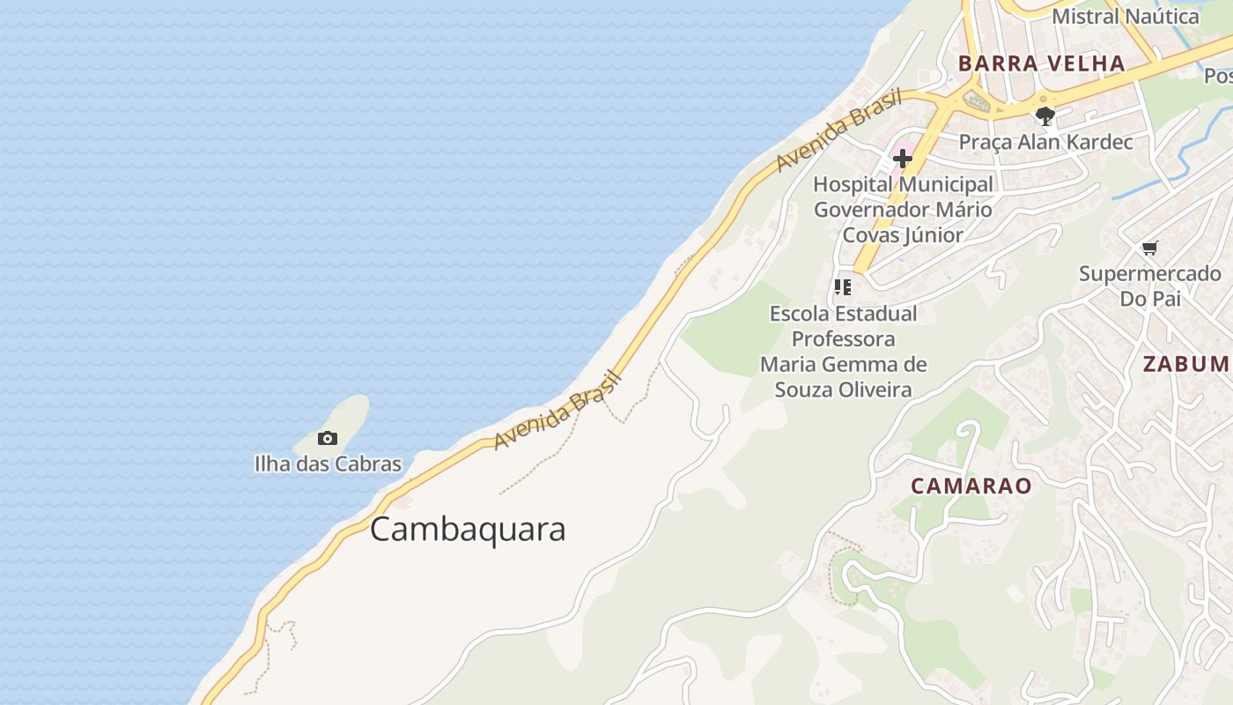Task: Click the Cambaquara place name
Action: [x=468, y=530]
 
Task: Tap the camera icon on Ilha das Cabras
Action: [x=328, y=438]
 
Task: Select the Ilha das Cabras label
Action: [x=328, y=464]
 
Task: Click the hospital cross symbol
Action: [x=903, y=159]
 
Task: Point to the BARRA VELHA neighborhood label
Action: [x=1041, y=63]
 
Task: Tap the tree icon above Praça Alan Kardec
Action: [x=1045, y=115]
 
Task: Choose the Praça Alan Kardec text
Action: [x=1045, y=142]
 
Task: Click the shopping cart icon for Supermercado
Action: [x=1149, y=248]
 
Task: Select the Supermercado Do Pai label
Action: [x=1150, y=286]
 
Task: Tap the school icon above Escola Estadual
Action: [x=843, y=287]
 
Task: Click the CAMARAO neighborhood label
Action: [x=971, y=486]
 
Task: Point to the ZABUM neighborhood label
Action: [x=1185, y=364]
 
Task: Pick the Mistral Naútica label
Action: [x=1126, y=16]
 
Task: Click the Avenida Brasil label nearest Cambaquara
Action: [x=558, y=411]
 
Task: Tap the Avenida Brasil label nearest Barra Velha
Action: [x=839, y=131]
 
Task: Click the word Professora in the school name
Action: [x=844, y=339]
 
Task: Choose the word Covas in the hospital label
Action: [x=872, y=235]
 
